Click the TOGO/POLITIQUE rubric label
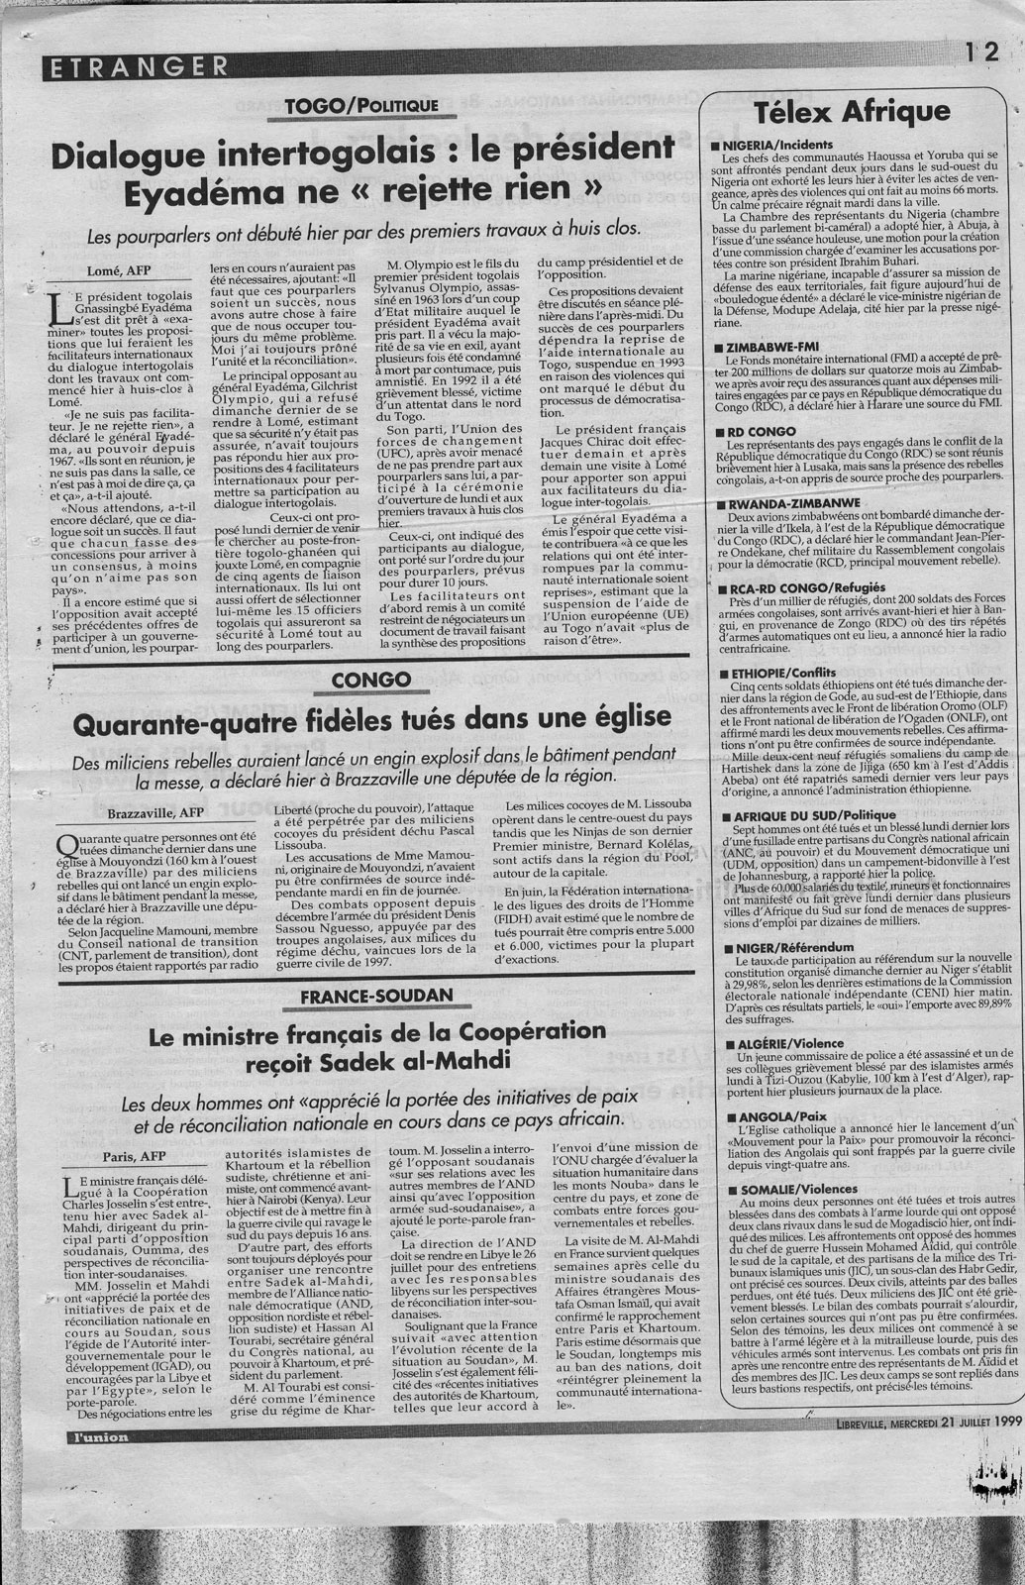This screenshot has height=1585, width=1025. coord(346,105)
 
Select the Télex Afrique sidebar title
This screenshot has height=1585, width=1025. coord(851,112)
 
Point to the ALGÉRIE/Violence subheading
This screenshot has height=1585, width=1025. coord(781,1044)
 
